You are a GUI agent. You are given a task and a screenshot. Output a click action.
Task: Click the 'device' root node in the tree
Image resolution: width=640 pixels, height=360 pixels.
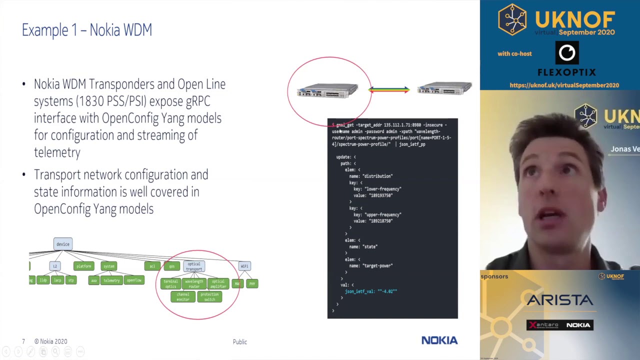(63, 244)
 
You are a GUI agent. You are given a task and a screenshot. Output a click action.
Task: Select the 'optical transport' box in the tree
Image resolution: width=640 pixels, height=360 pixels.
(194, 266)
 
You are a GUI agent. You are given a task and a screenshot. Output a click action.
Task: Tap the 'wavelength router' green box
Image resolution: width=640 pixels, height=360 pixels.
(194, 283)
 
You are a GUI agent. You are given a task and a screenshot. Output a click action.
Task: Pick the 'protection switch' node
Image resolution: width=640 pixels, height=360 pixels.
(209, 296)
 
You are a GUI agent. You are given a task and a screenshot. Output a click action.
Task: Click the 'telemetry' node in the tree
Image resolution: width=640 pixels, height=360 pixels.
(111, 280)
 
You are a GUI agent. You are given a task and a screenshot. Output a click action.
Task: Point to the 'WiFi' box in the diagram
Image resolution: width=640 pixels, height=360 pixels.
(244, 266)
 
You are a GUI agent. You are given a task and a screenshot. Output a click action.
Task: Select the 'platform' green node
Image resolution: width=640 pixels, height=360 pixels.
(83, 266)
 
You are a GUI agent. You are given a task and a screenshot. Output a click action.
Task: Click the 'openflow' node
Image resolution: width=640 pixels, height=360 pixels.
(134, 280)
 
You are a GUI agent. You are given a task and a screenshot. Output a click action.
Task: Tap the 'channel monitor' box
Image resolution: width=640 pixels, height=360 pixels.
(182, 296)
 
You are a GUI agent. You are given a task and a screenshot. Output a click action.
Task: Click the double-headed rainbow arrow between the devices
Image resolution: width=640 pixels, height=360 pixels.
(389, 90)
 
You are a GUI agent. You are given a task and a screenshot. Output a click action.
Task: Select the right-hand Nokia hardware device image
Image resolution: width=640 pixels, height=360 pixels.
(444, 89)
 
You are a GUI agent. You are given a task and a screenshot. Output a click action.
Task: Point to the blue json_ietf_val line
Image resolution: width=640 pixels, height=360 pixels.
(370, 291)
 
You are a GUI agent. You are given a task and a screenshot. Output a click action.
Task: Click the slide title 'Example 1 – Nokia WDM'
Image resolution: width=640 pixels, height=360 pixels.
(87, 30)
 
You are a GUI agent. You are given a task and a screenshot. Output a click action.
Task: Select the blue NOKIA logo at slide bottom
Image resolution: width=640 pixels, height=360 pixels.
(439, 340)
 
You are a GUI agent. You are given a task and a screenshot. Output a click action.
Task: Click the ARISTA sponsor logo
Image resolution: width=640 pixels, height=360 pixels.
(559, 300)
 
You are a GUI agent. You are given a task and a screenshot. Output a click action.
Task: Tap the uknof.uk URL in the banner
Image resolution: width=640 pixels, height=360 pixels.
(564, 85)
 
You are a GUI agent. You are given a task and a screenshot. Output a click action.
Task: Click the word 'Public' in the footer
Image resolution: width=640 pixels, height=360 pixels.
(239, 342)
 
